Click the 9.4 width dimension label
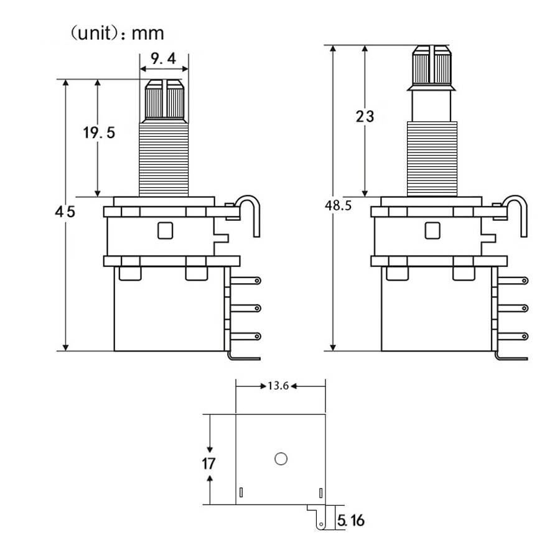point(164,59)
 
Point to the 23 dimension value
point(365,116)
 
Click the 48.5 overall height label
point(337,205)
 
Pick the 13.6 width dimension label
point(278,386)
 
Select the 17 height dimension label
point(208,464)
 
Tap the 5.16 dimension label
point(350,520)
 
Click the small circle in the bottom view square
point(279,459)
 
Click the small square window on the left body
point(165,231)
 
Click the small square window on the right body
point(432,231)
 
